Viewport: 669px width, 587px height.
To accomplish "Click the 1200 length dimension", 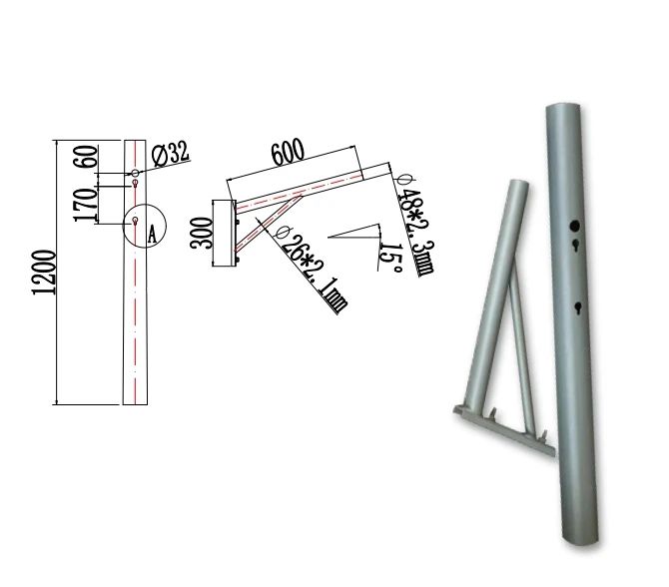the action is (x=44, y=273).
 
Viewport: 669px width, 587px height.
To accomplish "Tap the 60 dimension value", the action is (x=86, y=157).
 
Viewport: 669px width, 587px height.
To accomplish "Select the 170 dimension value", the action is (x=86, y=205).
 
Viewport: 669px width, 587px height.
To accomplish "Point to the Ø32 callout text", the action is (x=171, y=153).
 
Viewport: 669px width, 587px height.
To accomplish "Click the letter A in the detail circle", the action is (x=153, y=235).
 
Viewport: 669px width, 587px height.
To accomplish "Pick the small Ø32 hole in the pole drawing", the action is (x=135, y=173).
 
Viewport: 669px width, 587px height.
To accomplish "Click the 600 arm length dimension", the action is (x=288, y=152).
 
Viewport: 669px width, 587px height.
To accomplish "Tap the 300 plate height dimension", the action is (x=202, y=234).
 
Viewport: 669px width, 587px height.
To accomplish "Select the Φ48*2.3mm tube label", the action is (x=414, y=226).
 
